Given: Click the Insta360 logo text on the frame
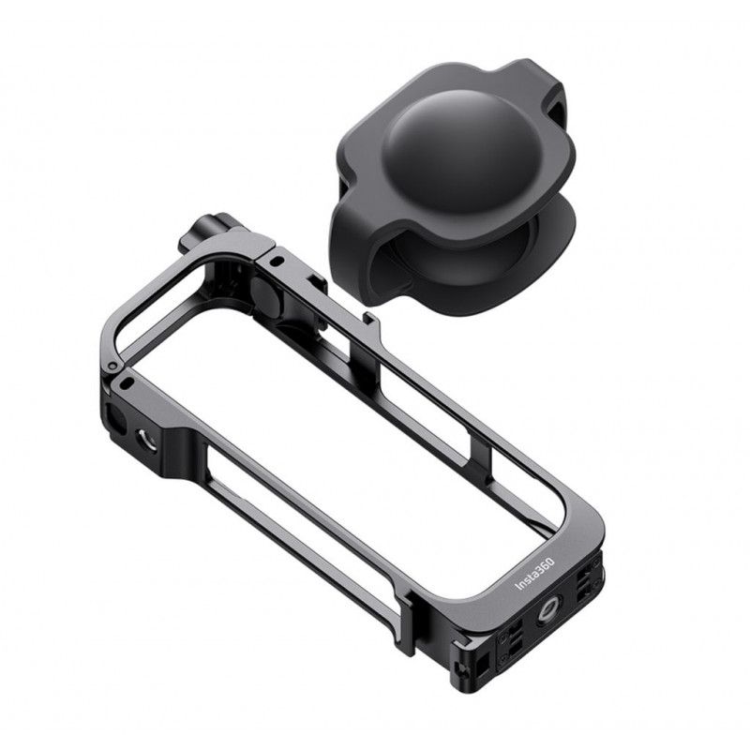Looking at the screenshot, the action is (534, 574).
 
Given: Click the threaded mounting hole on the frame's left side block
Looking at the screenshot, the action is (146, 440).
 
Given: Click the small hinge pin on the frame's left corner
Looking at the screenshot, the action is (112, 367).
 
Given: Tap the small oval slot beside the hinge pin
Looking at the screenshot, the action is (127, 382).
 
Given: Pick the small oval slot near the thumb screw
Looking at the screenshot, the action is (277, 262).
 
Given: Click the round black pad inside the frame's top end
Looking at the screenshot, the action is (265, 296).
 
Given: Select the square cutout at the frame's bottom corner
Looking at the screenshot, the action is (482, 663).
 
